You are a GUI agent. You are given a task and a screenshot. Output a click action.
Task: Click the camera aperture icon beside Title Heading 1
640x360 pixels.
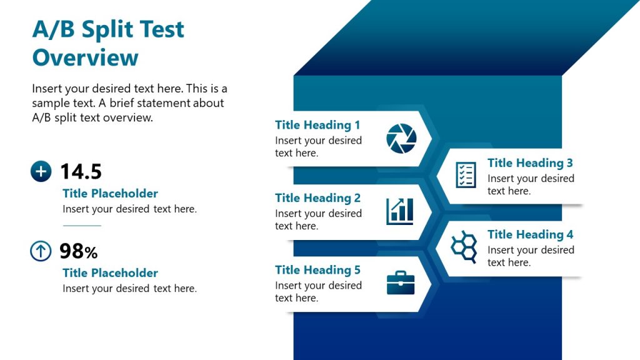click(400, 138)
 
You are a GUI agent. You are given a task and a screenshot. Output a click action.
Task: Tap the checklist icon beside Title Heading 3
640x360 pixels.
click(466, 174)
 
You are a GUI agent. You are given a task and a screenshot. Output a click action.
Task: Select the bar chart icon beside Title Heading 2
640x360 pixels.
click(400, 211)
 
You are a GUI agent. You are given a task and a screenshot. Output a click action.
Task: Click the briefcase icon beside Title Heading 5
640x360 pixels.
click(400, 282)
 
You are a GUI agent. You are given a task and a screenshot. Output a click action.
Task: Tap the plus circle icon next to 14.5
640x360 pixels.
click(41, 171)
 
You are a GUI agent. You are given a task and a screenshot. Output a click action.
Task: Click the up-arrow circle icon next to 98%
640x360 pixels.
click(41, 251)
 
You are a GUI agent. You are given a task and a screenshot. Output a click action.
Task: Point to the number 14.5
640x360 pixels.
click(81, 171)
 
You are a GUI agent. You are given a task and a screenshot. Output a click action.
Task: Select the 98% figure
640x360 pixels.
click(79, 251)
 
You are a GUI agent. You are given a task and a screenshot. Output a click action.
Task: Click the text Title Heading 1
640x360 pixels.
click(317, 125)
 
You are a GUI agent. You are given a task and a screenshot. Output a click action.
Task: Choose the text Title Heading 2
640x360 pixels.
click(317, 198)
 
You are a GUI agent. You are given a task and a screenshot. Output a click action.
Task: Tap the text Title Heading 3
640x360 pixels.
click(530, 163)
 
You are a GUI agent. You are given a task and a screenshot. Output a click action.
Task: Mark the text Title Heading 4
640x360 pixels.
click(530, 235)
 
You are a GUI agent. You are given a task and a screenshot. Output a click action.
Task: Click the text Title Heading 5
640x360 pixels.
click(317, 270)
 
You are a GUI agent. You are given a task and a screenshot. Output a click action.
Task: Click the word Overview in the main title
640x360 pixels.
click(85, 57)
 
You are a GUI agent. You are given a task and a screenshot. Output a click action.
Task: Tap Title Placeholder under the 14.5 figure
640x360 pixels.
click(110, 194)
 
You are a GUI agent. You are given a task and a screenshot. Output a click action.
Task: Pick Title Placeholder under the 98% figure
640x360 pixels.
click(110, 273)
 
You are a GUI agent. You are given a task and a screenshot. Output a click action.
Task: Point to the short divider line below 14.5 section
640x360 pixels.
click(82, 226)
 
